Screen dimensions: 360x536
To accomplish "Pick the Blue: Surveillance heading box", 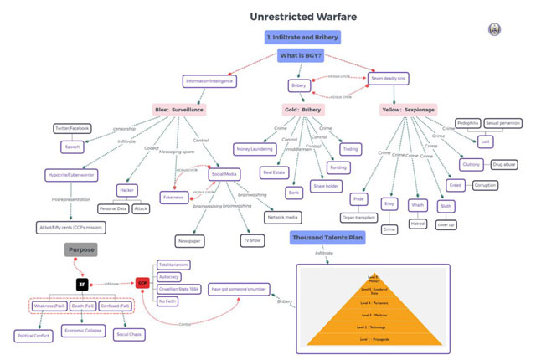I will tap(179, 110).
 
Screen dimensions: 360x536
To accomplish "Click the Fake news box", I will tap(174, 198).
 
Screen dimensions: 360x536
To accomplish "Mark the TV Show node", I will tap(251, 239).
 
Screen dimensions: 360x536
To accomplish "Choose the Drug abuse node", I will tap(504, 165).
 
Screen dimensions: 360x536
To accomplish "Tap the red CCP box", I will tap(142, 284).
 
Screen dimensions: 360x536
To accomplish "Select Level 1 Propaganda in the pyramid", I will tap(372, 338).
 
